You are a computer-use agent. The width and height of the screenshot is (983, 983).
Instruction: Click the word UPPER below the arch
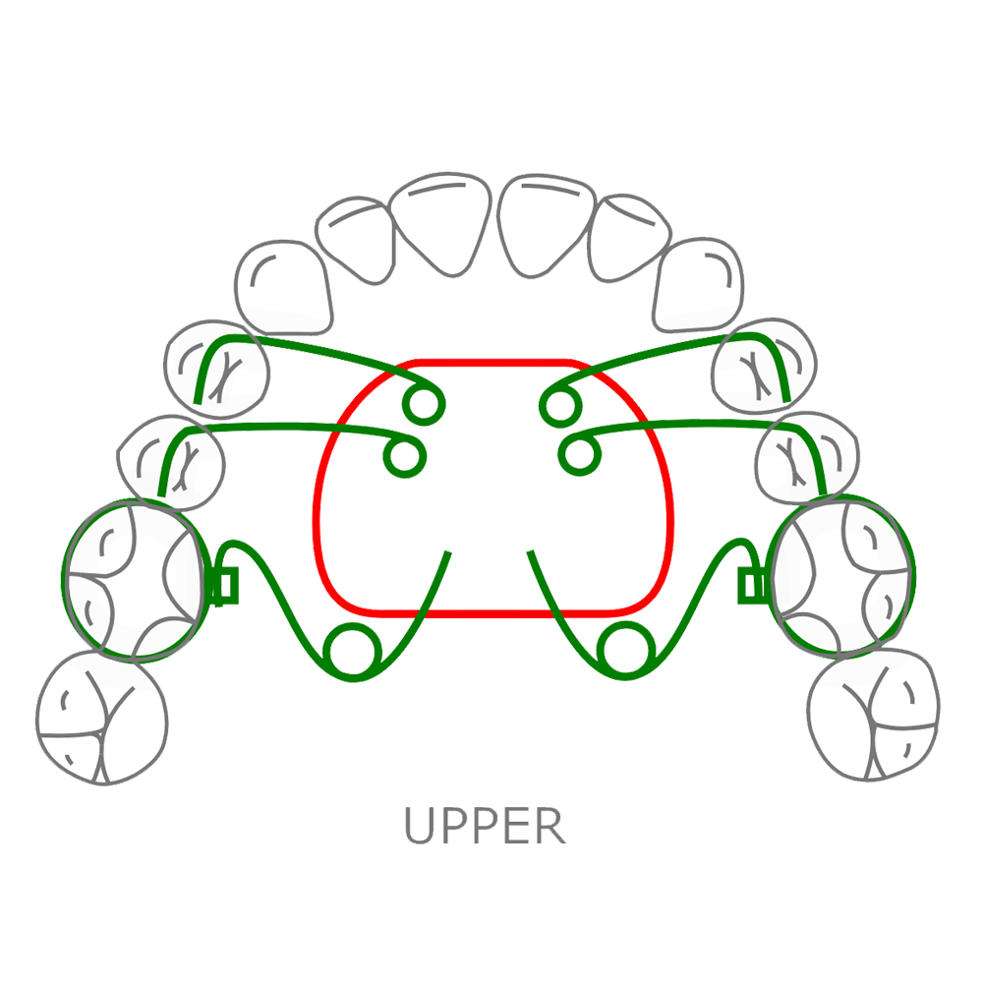486,826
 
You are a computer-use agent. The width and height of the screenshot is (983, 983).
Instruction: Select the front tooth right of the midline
547,222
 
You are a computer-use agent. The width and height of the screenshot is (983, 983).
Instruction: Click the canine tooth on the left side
284,285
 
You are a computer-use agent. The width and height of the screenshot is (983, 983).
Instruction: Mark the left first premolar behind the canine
216,369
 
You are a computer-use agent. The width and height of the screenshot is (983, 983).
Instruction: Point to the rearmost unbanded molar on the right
873,713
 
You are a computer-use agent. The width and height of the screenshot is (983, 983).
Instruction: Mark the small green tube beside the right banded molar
750,587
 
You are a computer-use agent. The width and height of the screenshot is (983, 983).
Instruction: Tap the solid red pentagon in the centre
489,629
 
